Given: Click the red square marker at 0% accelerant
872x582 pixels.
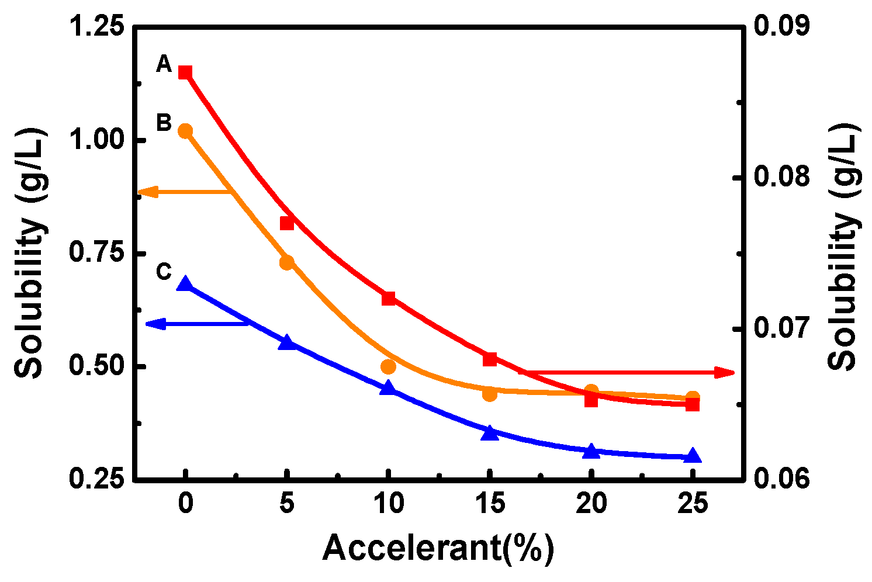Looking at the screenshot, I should pos(185,72).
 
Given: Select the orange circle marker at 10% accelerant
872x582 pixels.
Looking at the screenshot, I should pos(388,366).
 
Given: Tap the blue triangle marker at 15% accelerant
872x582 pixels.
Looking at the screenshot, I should pos(490,432).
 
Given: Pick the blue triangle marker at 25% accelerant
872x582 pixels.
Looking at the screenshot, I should pos(692,456).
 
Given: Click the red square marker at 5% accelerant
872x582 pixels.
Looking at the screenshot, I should pos(286,223).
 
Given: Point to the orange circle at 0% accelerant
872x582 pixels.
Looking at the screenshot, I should pos(185,131).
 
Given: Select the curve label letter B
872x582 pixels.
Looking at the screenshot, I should pos(164,123).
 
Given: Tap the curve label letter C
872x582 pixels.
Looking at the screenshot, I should pos(164,272).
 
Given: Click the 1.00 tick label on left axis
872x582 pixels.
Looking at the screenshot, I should pos(96,140).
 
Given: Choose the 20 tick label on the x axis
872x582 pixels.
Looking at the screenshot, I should pos(591,504).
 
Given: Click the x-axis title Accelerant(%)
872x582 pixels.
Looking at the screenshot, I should pos(438,548).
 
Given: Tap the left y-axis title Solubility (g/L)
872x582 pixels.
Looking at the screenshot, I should pos(29,252).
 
